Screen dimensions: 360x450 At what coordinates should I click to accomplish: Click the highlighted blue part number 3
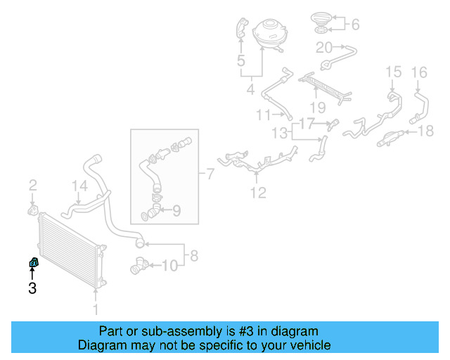click(32, 263)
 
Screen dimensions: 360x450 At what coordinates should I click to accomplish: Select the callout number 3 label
click(32, 288)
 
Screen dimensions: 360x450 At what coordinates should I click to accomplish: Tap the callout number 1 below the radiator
click(97, 309)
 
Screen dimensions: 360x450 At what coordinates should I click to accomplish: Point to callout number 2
click(32, 186)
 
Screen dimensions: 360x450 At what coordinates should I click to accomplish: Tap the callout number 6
click(355, 25)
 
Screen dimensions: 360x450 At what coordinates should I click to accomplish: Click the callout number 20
click(323, 48)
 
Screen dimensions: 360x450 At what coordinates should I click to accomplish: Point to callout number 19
click(318, 108)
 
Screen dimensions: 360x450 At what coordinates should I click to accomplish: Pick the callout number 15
click(393, 72)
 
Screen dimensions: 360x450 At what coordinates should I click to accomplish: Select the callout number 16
click(418, 72)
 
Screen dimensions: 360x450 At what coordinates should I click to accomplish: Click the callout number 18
click(427, 131)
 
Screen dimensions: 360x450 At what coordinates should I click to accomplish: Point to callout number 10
click(170, 266)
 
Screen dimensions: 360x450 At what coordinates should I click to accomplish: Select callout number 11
click(263, 115)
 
